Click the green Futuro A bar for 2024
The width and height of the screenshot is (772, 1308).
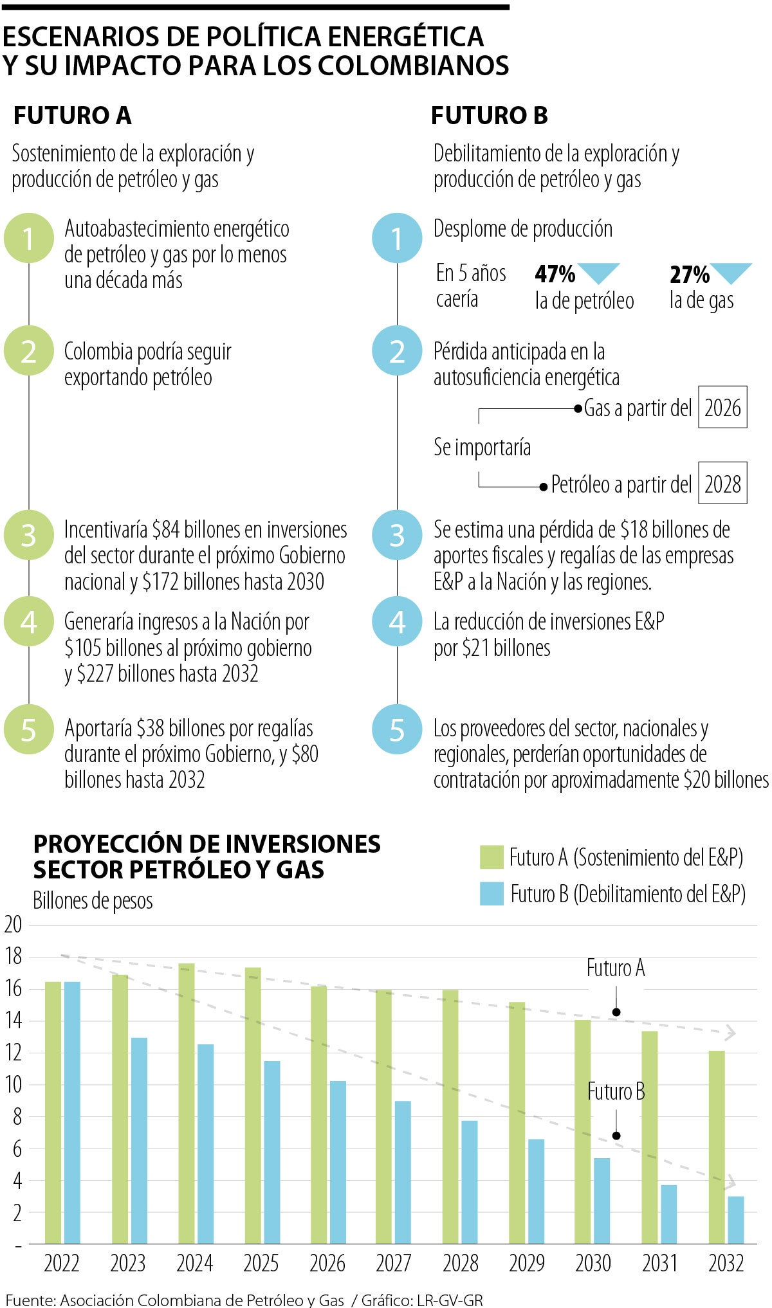[187, 1104]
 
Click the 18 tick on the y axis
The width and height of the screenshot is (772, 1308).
[13, 957]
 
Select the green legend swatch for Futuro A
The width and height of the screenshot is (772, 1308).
[491, 857]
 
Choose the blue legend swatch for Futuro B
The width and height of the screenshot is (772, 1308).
[491, 894]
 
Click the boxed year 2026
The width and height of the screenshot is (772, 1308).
[722, 408]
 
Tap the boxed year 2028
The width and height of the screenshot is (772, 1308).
[722, 484]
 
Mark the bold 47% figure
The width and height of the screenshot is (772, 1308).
[555, 275]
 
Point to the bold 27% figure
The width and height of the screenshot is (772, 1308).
[689, 275]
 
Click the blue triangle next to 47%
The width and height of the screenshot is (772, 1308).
[599, 272]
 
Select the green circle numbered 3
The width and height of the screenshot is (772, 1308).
[28, 535]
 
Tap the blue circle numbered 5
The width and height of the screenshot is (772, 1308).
[397, 730]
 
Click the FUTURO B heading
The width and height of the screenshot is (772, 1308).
[489, 116]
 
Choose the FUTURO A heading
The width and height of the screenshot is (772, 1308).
[72, 116]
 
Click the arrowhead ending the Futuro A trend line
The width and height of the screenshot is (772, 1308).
[730, 1034]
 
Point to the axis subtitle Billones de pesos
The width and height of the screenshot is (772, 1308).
[93, 901]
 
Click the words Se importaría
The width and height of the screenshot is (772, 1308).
[482, 447]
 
